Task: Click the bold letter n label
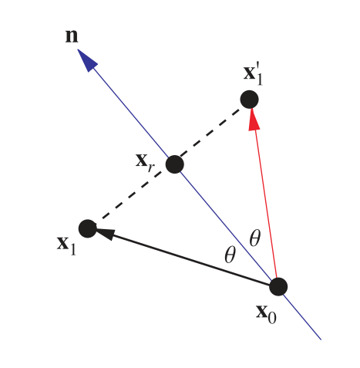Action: [71, 36]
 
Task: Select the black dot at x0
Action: [278, 286]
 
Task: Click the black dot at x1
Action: [88, 228]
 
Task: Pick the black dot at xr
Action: [175, 164]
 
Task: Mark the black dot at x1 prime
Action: [249, 100]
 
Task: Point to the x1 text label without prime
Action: [66, 245]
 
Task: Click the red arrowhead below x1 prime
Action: [251, 116]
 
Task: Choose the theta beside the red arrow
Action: [255, 238]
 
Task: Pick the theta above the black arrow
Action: [229, 255]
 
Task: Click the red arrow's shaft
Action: [264, 201]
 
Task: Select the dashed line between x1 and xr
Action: [131, 196]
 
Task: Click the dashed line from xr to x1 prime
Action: [212, 132]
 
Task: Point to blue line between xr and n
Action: [131, 112]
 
